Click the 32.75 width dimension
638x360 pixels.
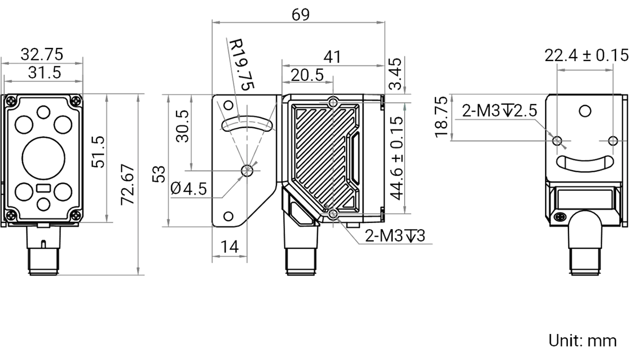pos(41,54)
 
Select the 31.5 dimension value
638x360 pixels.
pos(45,73)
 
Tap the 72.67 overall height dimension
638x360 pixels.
pos(127,185)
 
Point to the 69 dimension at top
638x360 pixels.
pos(300,15)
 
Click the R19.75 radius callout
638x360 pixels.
pos(241,64)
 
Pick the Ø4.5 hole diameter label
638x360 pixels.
pos(188,189)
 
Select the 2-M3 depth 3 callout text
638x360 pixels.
pos(395,236)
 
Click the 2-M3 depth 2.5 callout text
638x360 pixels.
pos(499,111)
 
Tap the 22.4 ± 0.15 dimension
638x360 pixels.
pos(586,55)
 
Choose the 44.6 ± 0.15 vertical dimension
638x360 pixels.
pos(397,158)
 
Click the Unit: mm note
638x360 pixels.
pos(583,341)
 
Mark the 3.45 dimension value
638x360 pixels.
pos(396,74)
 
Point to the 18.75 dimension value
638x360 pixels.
pos(441,117)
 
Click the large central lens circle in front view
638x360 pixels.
pos(43,158)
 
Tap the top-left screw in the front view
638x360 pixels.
pos(11,101)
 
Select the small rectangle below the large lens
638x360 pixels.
pos(44,188)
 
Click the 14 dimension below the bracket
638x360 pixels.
pos(230,247)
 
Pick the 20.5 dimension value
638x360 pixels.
pos(307,75)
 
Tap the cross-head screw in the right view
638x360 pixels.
pos(560,217)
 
